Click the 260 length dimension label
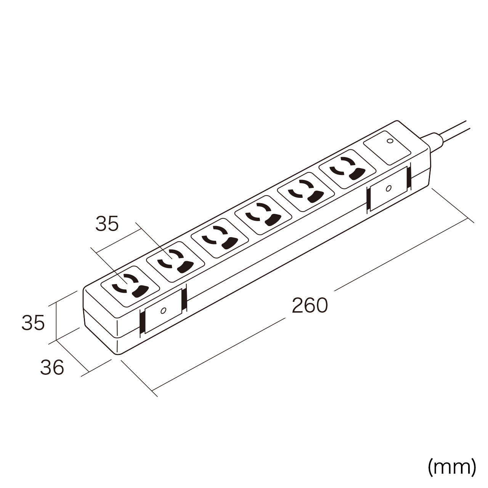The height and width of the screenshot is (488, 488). point(310,306)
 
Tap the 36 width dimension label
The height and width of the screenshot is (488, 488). point(52,368)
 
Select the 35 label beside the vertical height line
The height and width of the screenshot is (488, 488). point(33,323)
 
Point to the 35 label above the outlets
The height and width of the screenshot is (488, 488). point(107,224)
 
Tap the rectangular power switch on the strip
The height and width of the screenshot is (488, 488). point(387,148)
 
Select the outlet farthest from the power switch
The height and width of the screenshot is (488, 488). point(130,287)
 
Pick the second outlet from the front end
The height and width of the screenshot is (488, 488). point(175,262)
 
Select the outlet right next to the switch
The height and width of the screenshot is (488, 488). point(347,169)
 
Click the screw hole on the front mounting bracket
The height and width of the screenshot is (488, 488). point(163,310)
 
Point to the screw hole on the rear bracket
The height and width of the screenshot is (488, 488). point(389,188)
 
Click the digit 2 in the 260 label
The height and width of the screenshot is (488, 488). point(298,306)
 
